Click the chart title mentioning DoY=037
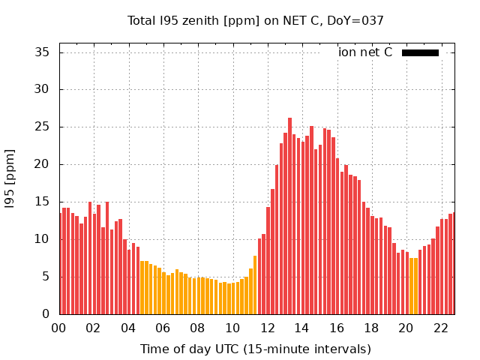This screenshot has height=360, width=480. (x=256, y=21)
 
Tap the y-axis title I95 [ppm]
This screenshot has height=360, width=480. (x=10, y=178)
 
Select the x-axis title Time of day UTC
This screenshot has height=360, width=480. (x=256, y=349)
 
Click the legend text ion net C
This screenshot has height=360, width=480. (x=365, y=52)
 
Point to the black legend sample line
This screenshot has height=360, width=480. (x=420, y=52)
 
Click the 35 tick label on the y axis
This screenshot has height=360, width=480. (x=43, y=52)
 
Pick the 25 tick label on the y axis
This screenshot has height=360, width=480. (x=43, y=127)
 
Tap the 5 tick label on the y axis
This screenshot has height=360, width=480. (x=46, y=277)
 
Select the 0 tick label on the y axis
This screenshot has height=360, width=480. (x=46, y=314)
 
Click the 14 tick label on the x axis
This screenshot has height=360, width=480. (x=301, y=328)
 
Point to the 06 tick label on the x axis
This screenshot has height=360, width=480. (x=163, y=328)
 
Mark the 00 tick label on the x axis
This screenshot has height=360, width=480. (x=58, y=328)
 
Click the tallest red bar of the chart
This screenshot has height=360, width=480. (x=290, y=217)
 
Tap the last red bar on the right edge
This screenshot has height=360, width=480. (x=452, y=264)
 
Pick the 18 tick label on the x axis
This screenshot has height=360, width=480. (x=371, y=328)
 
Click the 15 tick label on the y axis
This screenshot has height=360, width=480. (x=43, y=202)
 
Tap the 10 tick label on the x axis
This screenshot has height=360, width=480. (x=232, y=328)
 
